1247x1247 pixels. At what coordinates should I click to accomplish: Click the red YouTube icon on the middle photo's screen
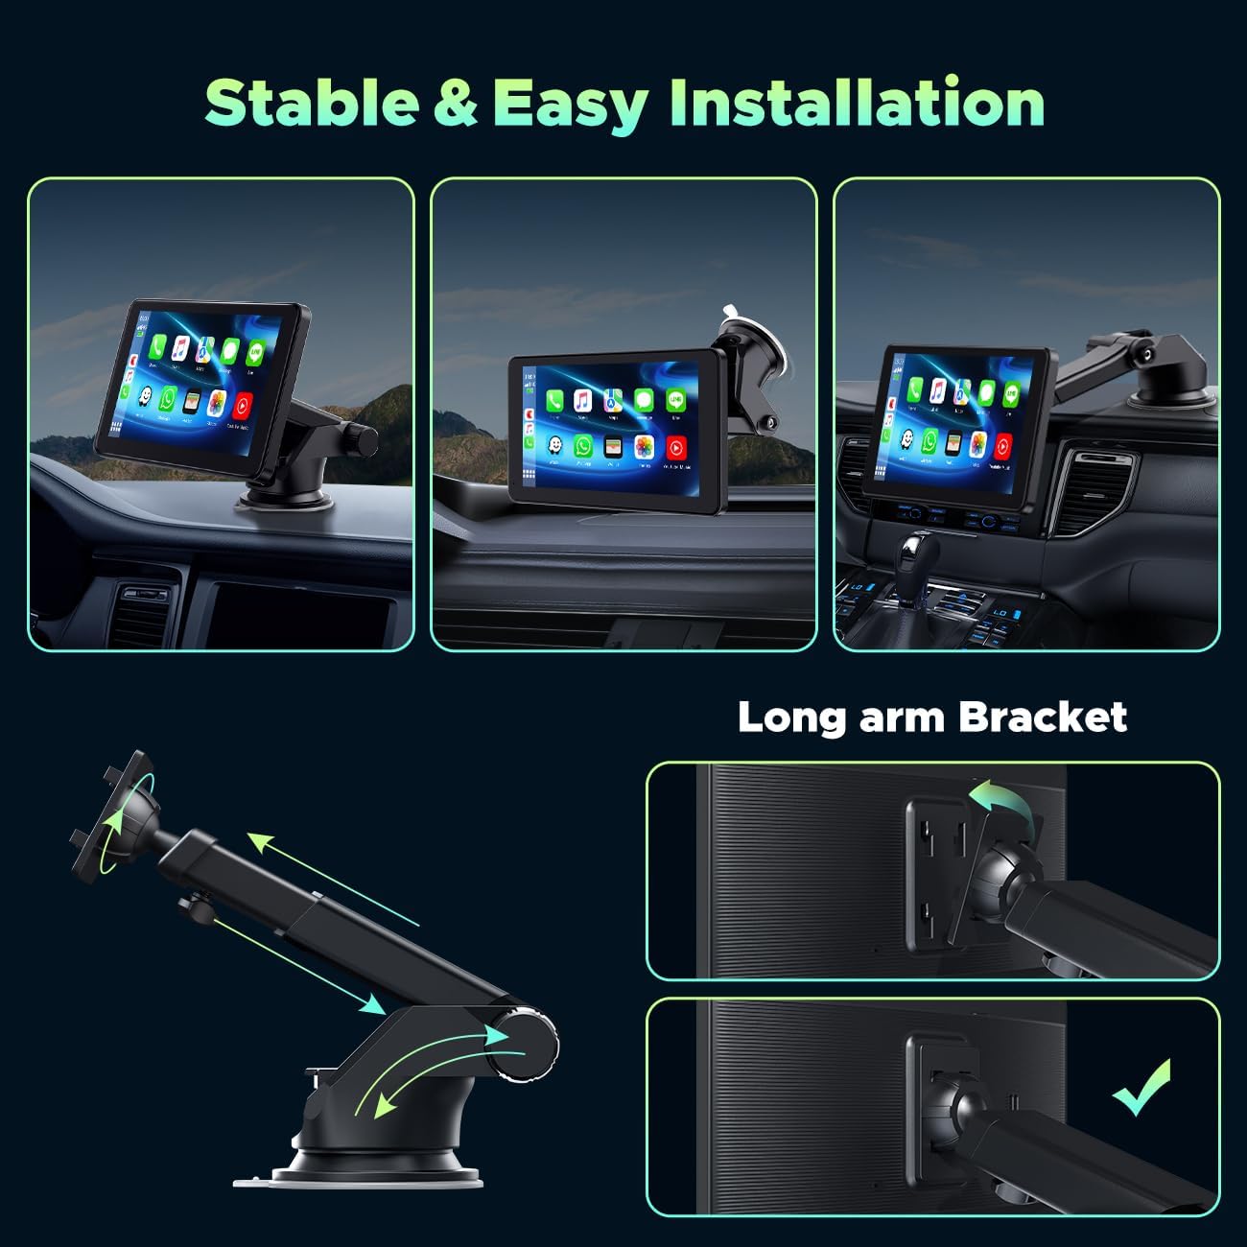675,447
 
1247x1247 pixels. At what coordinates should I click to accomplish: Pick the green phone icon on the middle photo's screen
554,399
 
